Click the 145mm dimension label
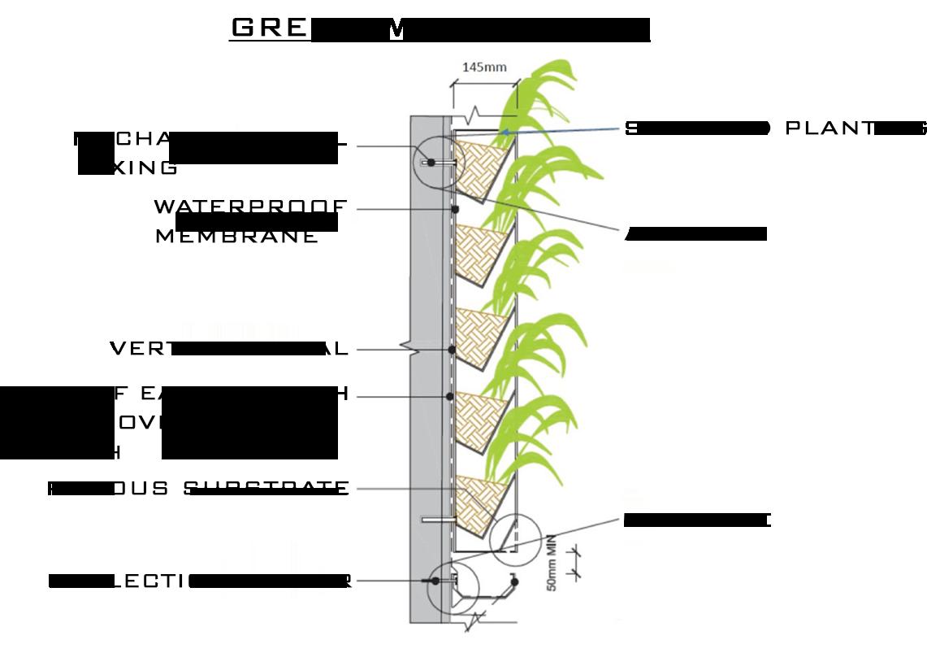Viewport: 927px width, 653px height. pos(484,67)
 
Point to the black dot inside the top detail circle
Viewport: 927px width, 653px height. pos(431,163)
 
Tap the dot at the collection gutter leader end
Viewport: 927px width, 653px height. pos(435,581)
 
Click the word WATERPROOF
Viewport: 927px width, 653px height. pos(250,207)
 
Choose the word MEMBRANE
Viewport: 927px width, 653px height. pos(236,237)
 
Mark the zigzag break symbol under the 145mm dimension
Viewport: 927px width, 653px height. pos(479,111)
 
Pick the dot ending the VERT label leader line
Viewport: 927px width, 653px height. pos(451,350)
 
